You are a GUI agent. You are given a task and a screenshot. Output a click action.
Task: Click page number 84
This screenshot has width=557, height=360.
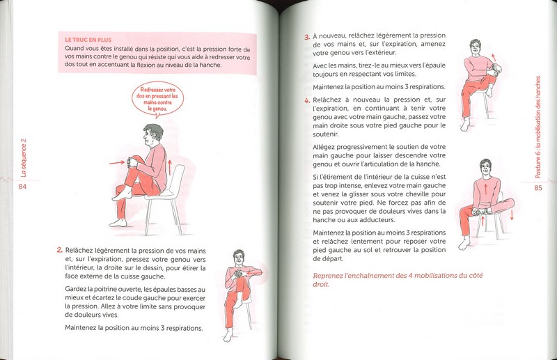point(23,187)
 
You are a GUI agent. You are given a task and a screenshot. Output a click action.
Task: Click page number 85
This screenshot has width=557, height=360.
point(538,187)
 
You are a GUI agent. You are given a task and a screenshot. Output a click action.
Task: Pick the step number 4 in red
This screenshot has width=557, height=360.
point(306,100)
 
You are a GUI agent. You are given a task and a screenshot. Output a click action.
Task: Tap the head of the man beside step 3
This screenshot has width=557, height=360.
point(476,47)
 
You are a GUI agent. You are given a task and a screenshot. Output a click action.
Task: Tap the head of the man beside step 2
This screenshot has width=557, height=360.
point(240,258)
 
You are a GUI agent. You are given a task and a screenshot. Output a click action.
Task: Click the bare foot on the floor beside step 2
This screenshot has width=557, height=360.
point(228,336)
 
